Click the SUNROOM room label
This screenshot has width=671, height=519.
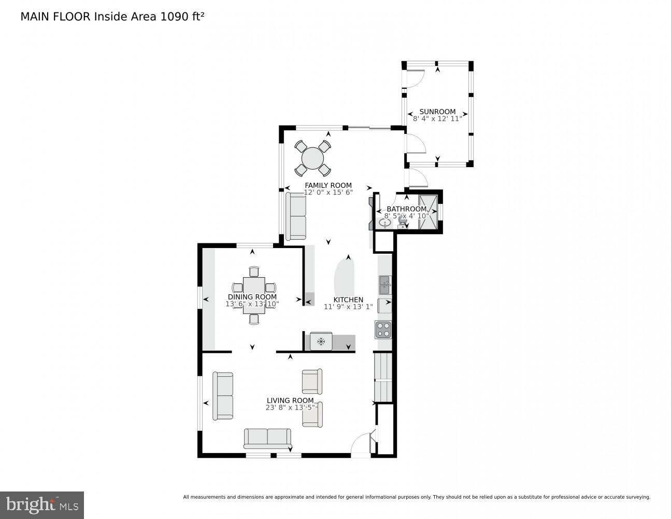437,112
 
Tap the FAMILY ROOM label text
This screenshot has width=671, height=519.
328,185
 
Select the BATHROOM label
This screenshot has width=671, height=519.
406,209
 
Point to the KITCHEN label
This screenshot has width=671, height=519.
348,300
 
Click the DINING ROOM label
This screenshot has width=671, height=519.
252,297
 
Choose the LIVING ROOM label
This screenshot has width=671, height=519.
290,400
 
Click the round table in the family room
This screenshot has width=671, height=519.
312,158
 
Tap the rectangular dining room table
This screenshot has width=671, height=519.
254,294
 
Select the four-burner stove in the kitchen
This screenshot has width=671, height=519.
383,329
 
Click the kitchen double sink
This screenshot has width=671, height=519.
384,284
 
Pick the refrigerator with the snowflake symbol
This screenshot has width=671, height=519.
321,341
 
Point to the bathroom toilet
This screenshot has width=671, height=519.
402,222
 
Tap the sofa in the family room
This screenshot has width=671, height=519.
296,216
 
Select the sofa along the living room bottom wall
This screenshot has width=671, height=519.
267,439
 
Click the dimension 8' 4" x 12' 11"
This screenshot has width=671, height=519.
437,119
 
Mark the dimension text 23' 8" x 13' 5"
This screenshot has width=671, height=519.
290,407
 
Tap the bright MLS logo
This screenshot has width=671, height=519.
41,505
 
